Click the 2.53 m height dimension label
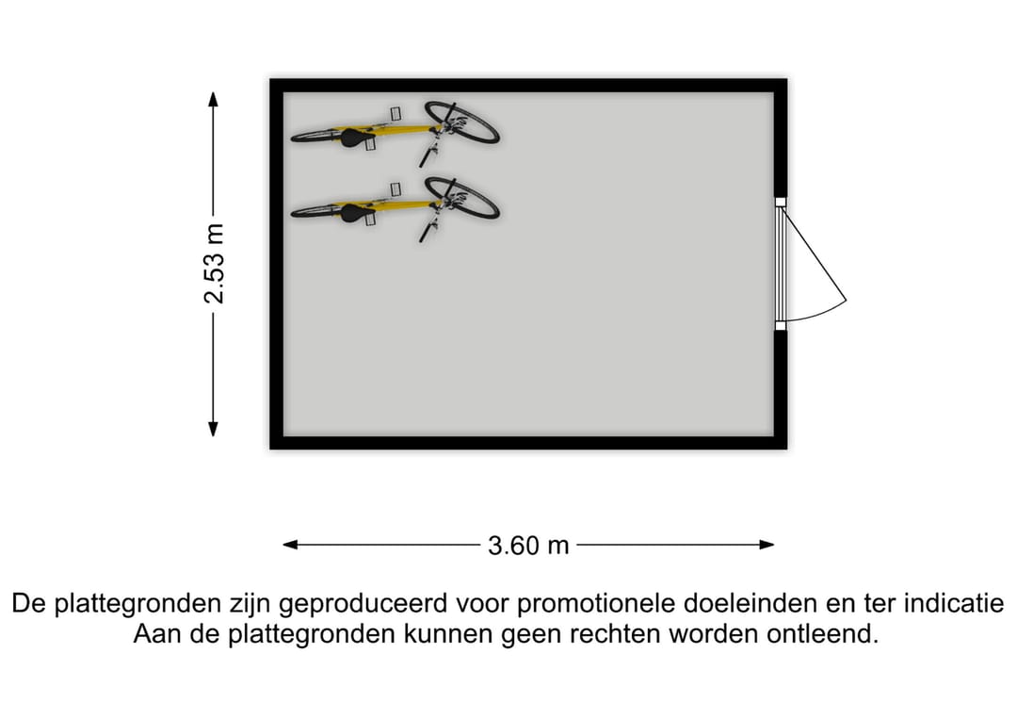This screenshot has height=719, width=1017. click(x=214, y=264)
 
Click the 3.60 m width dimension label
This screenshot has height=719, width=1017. click(x=528, y=546)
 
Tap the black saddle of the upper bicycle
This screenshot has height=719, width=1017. click(x=354, y=137)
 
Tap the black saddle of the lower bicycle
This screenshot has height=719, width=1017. click(x=354, y=211)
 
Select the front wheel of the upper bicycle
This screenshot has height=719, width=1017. click(x=461, y=122)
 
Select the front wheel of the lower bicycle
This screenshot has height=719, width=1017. click(x=461, y=197)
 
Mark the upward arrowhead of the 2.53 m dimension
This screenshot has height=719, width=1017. click(x=213, y=99)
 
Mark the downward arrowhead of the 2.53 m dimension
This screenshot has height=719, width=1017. click(x=213, y=429)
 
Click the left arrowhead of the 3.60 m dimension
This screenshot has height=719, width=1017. click(x=291, y=545)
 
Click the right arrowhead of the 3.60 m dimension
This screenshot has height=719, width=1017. click(x=767, y=545)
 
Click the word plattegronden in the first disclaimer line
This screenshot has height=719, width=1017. click(x=137, y=604)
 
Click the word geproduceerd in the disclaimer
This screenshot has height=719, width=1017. click(x=363, y=604)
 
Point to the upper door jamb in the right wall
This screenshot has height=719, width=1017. click(x=781, y=202)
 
